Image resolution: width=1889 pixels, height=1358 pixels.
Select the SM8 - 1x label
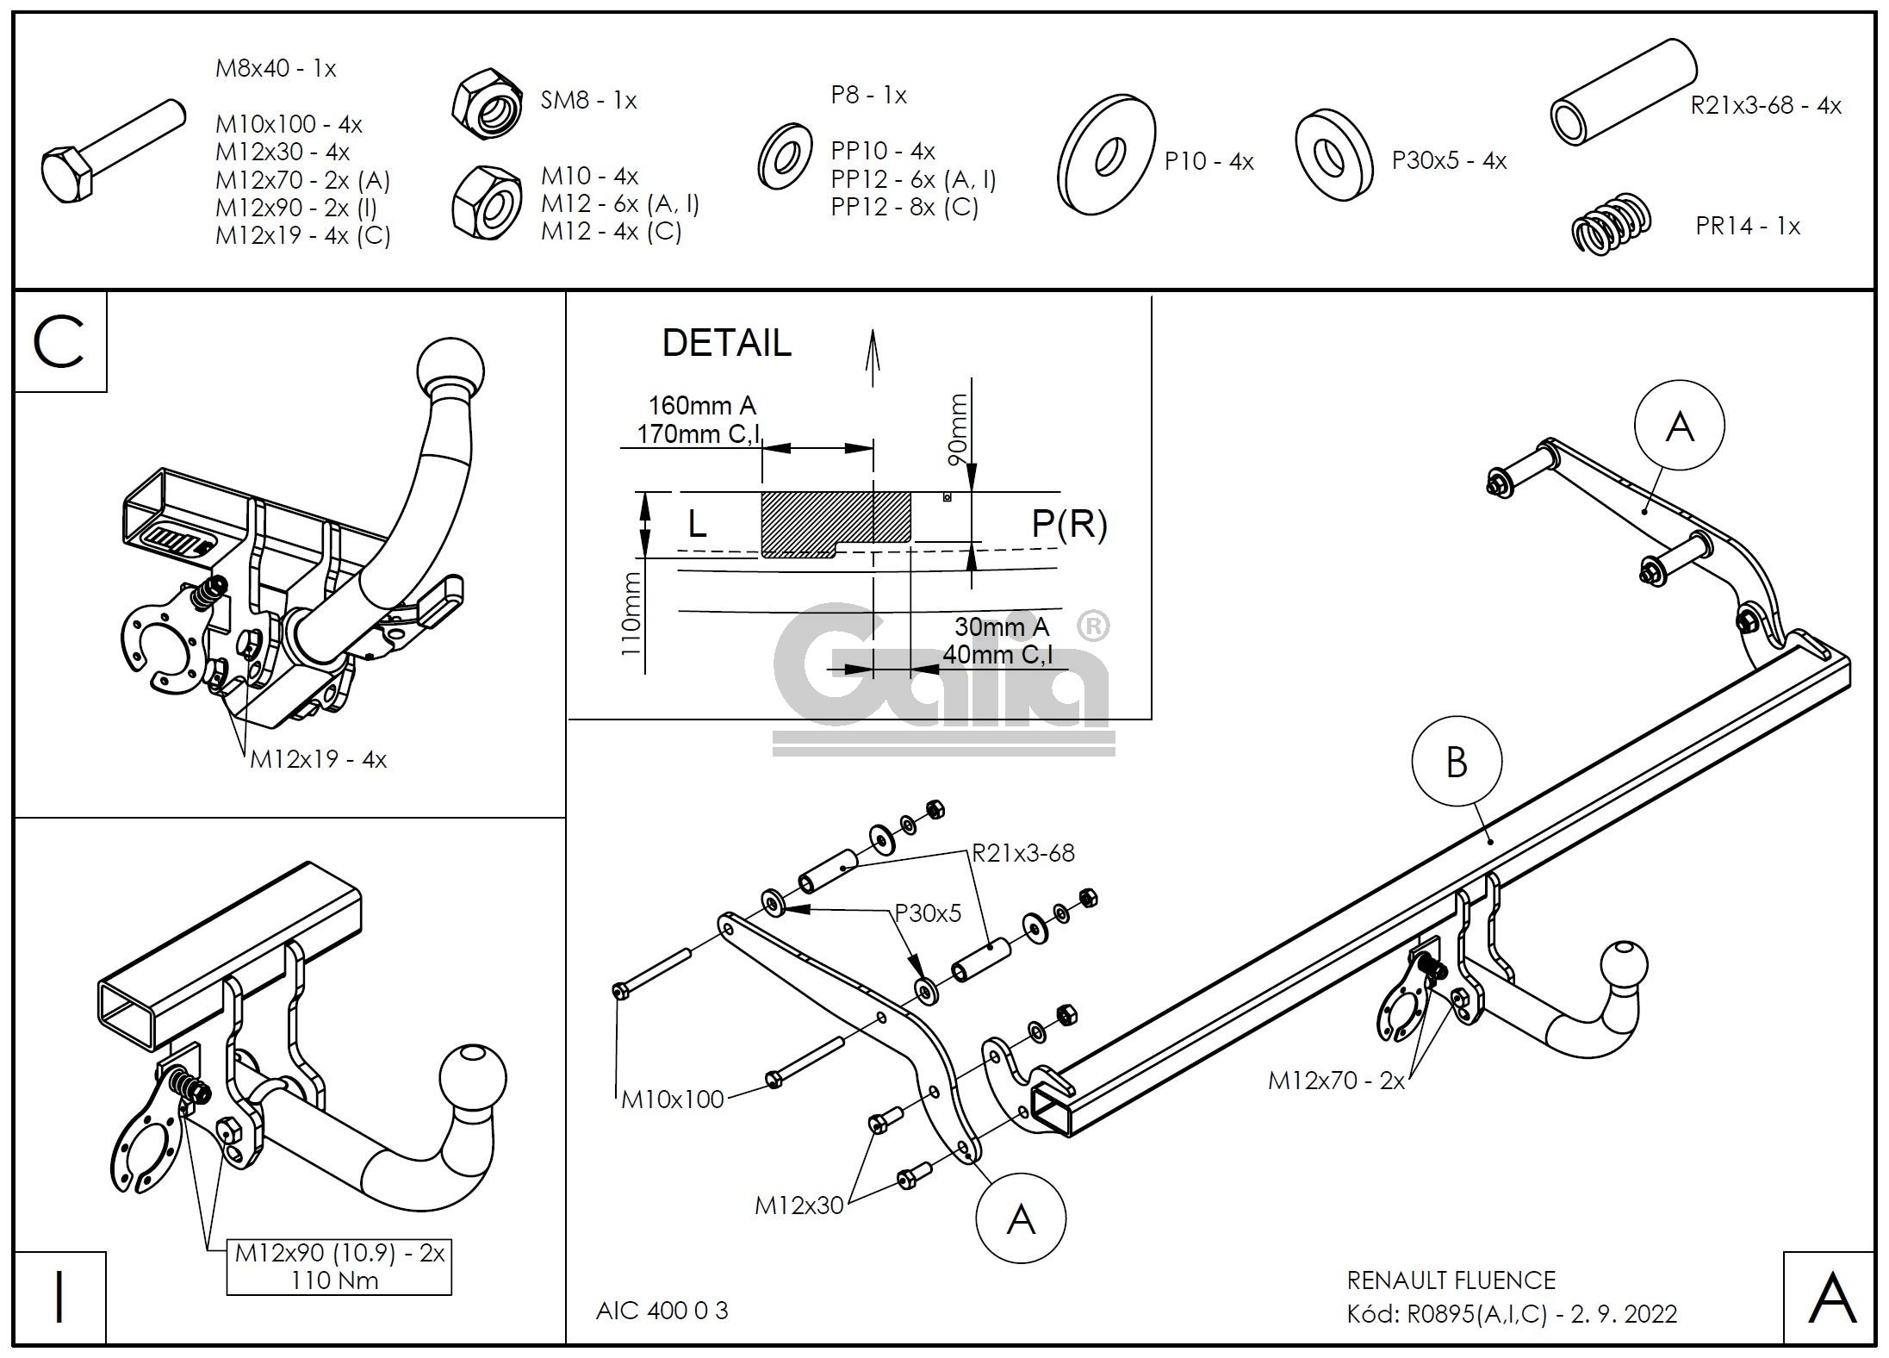(x=588, y=101)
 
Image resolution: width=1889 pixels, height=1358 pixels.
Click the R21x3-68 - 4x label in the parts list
(x=1765, y=106)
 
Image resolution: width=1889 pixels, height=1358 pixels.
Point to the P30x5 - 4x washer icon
(x=1333, y=155)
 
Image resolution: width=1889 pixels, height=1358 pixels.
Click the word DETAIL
(x=725, y=343)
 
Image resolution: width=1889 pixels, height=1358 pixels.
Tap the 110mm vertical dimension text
(x=632, y=613)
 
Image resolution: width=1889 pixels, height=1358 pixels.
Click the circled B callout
(x=1456, y=762)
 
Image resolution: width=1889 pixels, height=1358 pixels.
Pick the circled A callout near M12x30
(x=1020, y=1219)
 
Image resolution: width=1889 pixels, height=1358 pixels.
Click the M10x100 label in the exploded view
(x=673, y=1099)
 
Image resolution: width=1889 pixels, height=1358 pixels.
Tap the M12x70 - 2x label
(x=1335, y=1081)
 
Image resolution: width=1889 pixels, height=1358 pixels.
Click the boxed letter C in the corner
(x=59, y=342)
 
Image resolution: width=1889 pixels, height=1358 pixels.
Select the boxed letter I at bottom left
(x=59, y=1298)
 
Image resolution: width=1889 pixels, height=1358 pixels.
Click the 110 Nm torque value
(x=335, y=1280)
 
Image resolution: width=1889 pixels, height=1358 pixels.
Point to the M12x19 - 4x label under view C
(x=318, y=760)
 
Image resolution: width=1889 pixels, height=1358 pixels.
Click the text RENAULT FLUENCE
(x=1451, y=1280)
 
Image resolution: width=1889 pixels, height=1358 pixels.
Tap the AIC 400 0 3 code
(x=662, y=1311)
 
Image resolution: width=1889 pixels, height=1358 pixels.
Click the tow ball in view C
(x=450, y=365)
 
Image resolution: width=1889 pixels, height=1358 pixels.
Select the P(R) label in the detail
(x=1068, y=523)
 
